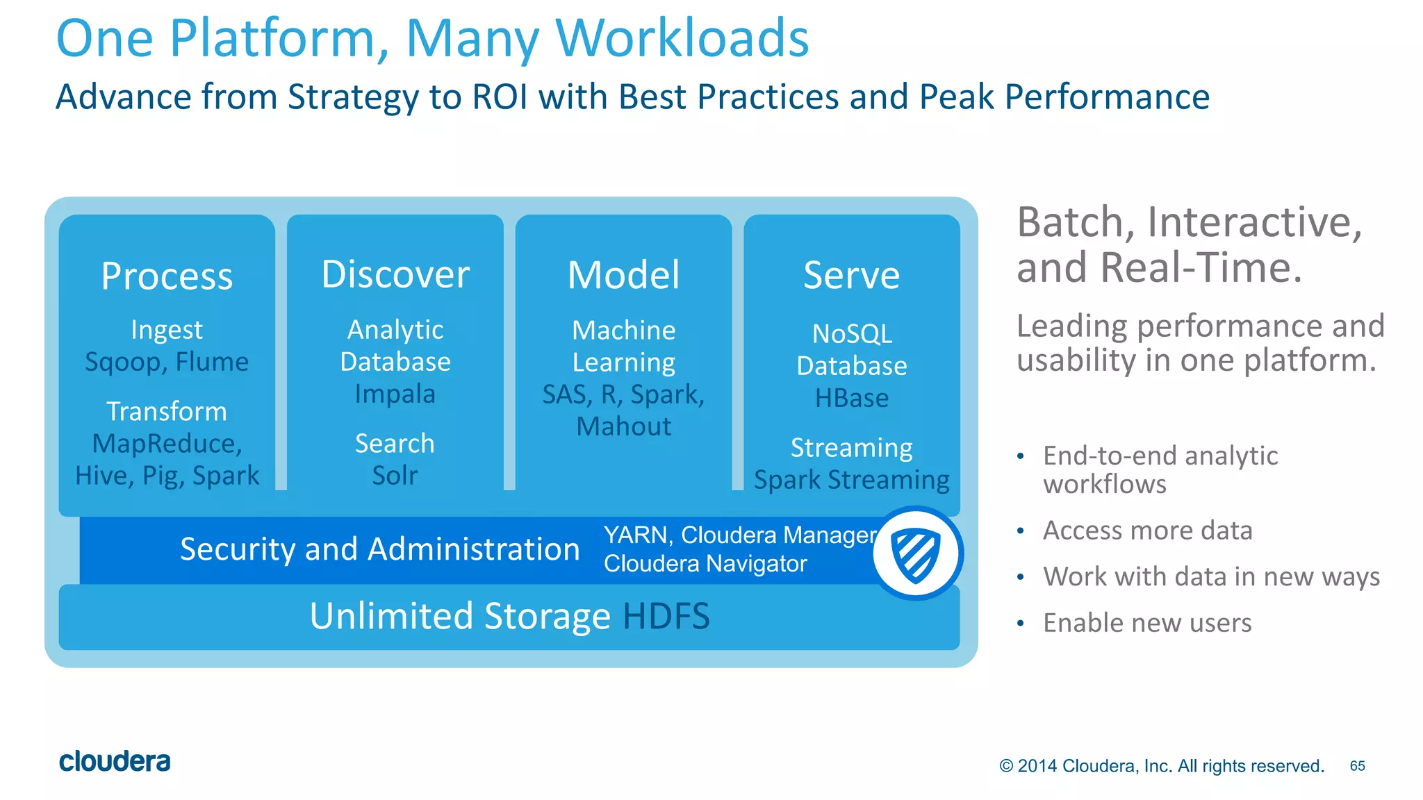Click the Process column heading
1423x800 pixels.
coord(167,276)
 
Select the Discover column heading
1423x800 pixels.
coord(395,274)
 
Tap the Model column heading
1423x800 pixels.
coord(623,275)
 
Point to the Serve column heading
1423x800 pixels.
coord(851,275)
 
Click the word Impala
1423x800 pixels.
coord(395,394)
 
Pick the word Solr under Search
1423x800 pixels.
coord(395,476)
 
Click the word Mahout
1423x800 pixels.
coord(623,426)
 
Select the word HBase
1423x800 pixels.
coord(851,398)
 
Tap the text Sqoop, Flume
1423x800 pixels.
coord(167,362)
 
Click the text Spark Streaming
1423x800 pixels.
coord(851,480)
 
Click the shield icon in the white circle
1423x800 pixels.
coord(916,553)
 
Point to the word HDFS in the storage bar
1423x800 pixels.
coord(666,616)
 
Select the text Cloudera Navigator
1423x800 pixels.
coord(705,563)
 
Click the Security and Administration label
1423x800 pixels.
coord(379,549)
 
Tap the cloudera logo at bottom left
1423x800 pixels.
coord(115,761)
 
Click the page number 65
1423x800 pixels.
coord(1357,766)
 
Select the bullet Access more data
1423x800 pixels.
coord(1147,531)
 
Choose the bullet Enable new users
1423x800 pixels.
coord(1147,623)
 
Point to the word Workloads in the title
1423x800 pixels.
coord(682,38)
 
